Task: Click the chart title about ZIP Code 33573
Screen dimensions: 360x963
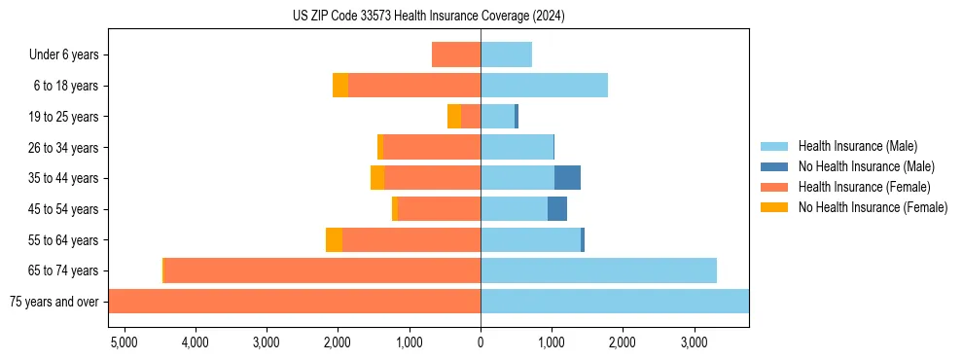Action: [x=428, y=16]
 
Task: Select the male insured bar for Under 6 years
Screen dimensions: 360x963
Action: [x=506, y=54]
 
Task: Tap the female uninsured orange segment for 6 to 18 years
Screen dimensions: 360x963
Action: [x=340, y=86]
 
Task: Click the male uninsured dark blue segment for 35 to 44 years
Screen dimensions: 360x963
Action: [x=567, y=178]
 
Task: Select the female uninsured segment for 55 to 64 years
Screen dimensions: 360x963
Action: [x=334, y=239]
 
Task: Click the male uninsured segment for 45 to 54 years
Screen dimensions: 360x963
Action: [x=557, y=209]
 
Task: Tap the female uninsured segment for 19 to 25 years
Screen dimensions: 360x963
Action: [x=454, y=117]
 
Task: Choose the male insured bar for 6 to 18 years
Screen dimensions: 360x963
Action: [x=544, y=86]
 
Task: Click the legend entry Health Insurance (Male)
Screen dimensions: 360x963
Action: [x=857, y=146]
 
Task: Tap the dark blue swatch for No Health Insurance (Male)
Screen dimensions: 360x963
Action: [x=774, y=166]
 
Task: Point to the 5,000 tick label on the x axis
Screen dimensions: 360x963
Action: [x=124, y=342]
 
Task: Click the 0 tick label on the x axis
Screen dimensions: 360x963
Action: [x=481, y=342]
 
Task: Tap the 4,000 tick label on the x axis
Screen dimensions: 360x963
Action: [x=195, y=342]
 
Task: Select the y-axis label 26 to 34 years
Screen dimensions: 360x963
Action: [x=63, y=148]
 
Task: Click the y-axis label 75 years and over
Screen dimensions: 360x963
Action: [x=53, y=302]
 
